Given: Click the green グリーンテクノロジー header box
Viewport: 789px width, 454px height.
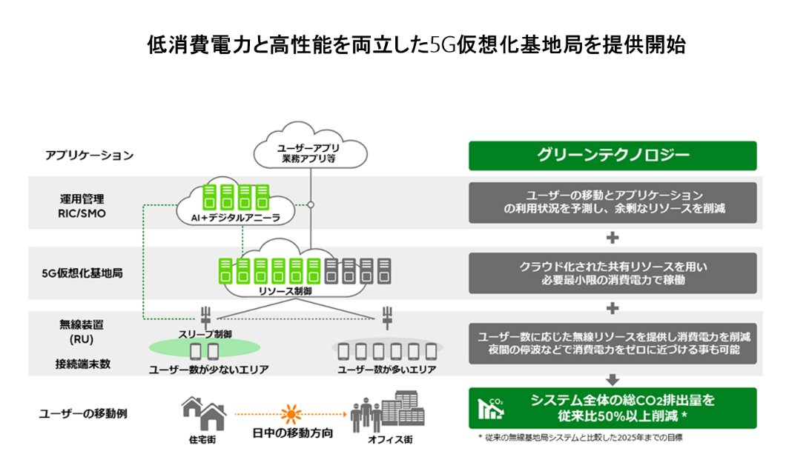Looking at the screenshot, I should point(612,156).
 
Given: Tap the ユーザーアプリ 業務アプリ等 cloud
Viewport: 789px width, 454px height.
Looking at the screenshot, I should point(310,151).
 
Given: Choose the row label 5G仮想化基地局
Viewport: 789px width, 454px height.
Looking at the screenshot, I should point(82,273).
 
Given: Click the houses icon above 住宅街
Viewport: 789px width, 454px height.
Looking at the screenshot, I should point(202,413).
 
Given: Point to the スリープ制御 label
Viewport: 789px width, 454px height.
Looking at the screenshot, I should point(205,334).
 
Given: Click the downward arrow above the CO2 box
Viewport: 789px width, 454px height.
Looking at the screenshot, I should point(612,379).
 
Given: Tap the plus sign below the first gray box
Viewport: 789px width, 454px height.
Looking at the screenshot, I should point(612,238).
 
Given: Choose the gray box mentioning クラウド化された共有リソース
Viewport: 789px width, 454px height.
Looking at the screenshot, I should point(612,273).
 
